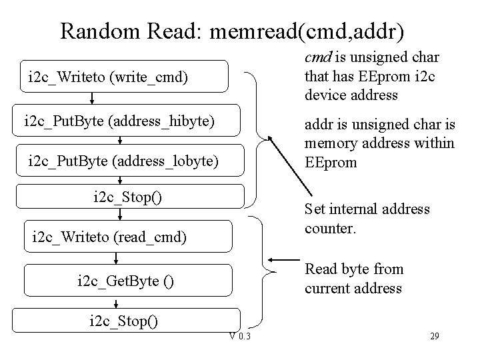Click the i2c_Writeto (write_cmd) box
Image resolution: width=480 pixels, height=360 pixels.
coord(124,78)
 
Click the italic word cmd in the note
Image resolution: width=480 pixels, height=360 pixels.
coord(316,58)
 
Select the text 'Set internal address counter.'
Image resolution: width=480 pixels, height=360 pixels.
coord(367,218)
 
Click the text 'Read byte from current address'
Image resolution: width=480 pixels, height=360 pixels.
coord(353,279)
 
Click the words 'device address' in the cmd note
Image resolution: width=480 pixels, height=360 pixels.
coord(351,95)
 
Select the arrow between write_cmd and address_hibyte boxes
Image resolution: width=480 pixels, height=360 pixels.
coord(91,99)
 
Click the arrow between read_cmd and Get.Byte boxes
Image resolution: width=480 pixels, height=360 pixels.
coord(120,259)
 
